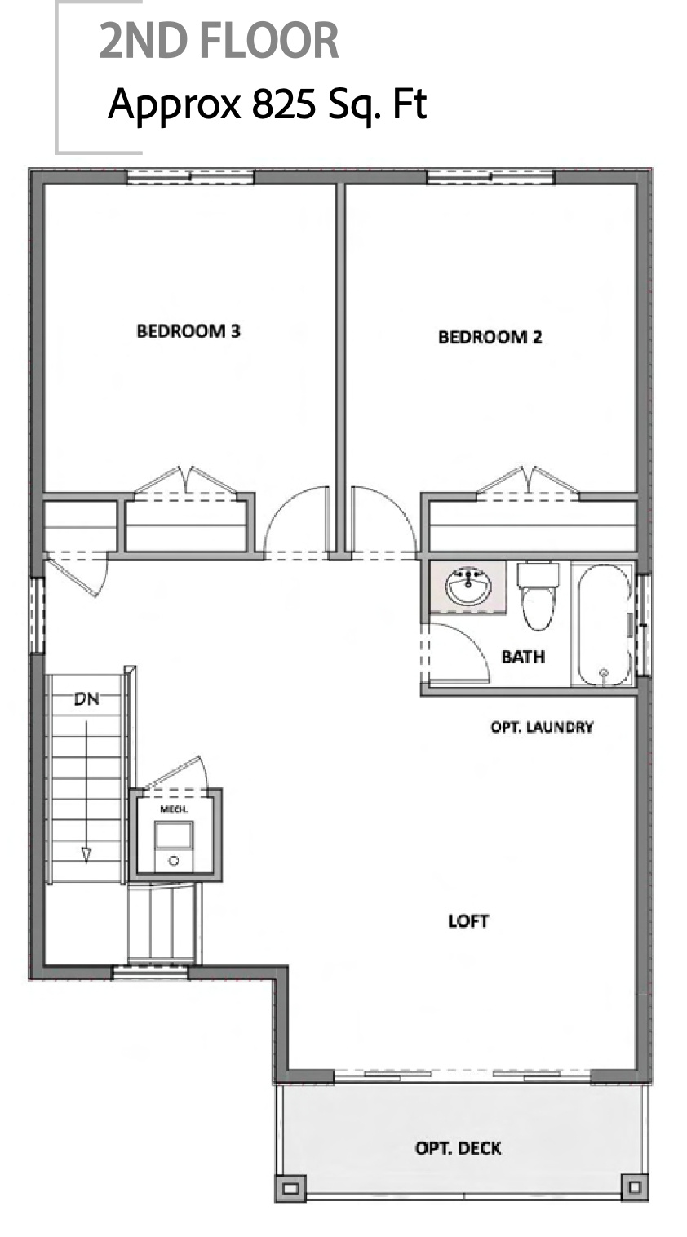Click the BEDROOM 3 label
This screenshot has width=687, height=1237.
click(x=188, y=331)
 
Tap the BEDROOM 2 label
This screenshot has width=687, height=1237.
click(x=490, y=336)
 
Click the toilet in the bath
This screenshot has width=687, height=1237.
click(x=538, y=596)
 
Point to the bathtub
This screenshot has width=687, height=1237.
click(x=603, y=624)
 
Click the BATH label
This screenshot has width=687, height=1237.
click(x=523, y=656)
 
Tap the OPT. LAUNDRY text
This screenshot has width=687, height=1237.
click(x=542, y=726)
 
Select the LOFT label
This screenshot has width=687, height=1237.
click(x=468, y=921)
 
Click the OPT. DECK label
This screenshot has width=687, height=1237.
click(x=459, y=1148)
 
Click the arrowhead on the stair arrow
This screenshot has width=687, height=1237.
click(x=86, y=854)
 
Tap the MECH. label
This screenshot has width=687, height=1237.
click(x=175, y=809)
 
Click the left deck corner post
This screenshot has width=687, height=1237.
click(x=290, y=1186)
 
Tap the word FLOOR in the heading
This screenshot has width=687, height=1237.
click(x=278, y=42)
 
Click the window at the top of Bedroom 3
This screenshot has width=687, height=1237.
click(x=191, y=176)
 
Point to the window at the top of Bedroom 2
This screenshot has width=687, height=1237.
click(x=491, y=176)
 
